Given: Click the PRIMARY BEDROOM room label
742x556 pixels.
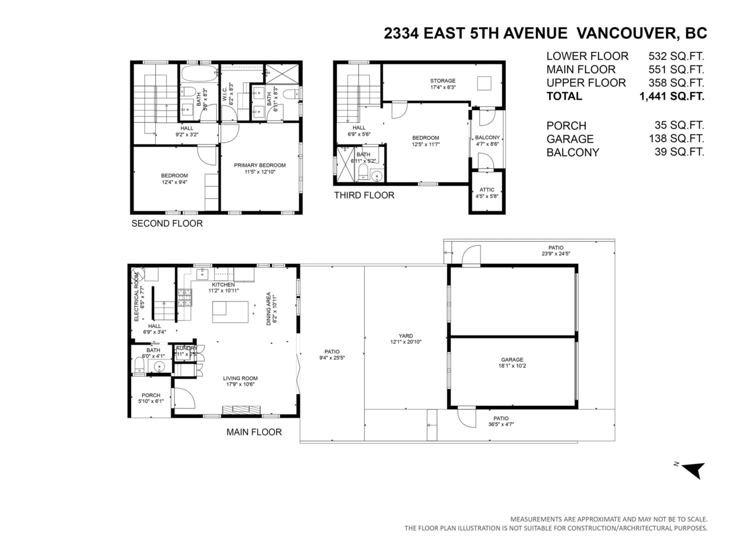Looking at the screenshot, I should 260,165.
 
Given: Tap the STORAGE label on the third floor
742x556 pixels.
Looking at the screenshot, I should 443,81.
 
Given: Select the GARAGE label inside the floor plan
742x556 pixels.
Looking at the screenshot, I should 512,360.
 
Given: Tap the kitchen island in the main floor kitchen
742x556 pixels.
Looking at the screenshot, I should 230,311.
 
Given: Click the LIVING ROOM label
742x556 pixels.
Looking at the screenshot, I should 240,378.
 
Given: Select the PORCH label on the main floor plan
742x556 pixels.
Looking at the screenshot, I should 151,395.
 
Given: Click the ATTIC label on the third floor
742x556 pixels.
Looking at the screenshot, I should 487,190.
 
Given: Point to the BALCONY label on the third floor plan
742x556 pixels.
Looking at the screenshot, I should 487,138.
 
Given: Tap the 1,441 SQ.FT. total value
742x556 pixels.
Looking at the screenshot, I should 672,96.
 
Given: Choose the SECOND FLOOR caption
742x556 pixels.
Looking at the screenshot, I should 167,224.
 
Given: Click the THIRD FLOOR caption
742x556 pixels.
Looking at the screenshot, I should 364,195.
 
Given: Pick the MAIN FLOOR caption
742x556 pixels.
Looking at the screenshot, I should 254,432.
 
